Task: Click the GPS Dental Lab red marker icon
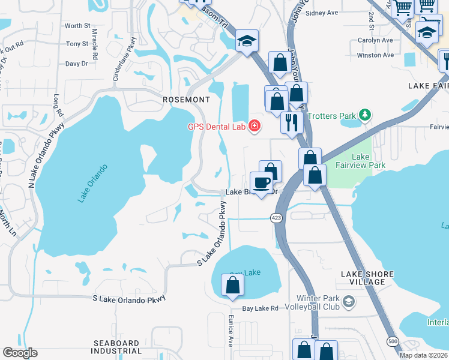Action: (x=255, y=125)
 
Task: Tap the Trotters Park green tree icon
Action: (x=364, y=114)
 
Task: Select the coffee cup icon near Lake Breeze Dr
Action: (x=261, y=182)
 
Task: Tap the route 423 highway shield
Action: (x=277, y=217)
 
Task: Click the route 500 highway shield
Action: (x=391, y=341)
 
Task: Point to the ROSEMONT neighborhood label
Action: (x=186, y=100)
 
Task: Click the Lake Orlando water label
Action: (x=92, y=182)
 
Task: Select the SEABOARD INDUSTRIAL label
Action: (x=118, y=347)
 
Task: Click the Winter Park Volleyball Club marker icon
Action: (x=348, y=301)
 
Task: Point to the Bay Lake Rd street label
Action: (x=261, y=308)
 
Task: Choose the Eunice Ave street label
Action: (x=230, y=331)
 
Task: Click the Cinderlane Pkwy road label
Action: (x=125, y=59)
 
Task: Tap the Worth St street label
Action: (x=77, y=26)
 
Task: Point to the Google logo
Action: (x=20, y=353)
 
